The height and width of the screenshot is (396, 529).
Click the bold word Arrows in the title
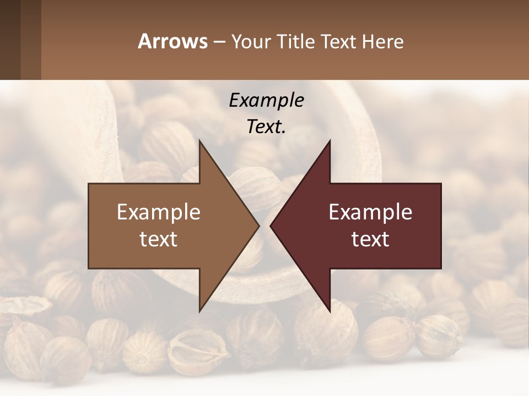pos(172,41)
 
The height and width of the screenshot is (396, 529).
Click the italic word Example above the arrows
pos(266,101)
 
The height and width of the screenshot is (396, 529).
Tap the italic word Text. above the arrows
pos(266,127)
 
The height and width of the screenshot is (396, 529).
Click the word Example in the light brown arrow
pos(159,212)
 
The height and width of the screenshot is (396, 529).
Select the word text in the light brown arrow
pos(159,239)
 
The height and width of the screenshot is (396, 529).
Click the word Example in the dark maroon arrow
pos(370,212)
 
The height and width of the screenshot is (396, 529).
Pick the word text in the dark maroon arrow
pos(370,239)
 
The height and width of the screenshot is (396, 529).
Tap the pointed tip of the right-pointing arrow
pos(258,226)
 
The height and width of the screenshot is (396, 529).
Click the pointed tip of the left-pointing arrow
pos(271,226)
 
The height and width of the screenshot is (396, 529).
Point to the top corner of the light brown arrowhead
pos(200,141)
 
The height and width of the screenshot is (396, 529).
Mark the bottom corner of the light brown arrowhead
pos(200,311)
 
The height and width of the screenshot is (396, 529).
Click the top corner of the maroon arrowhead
pos(330,141)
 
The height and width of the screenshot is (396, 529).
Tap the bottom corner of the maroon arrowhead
pos(330,311)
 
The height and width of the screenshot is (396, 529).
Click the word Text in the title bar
pos(338,42)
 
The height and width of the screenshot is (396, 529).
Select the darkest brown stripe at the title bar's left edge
pos(10,40)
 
